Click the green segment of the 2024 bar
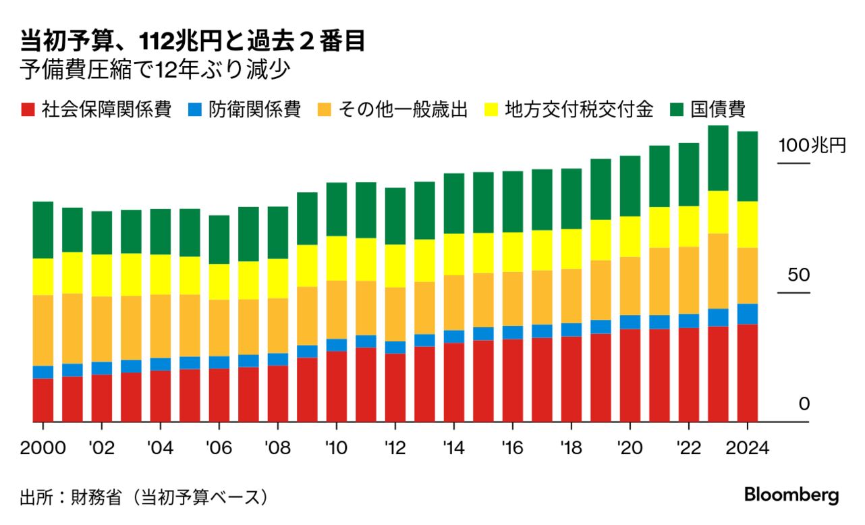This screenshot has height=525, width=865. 747,166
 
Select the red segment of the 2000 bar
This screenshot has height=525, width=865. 43,399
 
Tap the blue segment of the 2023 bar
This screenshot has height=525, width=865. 718,317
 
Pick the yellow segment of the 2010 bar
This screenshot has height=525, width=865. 337,258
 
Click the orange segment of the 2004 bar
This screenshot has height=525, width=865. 161,326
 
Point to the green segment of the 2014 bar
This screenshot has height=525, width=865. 454,203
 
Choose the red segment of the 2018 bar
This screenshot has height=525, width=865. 571,379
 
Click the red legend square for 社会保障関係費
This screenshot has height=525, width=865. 27,110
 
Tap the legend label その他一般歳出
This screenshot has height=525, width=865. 409,110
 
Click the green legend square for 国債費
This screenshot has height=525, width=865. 677,110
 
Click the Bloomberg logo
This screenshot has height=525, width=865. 791,494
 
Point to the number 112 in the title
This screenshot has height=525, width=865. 157,42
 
